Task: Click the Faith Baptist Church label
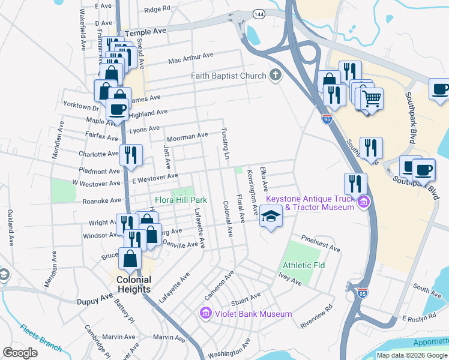pos(229,76)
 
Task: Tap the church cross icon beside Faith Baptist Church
pos(276,75)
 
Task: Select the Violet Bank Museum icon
pos(205,313)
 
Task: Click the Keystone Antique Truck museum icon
pos(363,203)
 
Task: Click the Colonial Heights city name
pos(134,284)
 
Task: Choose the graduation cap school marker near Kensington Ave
pos(271,217)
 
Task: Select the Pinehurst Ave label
pos(321,243)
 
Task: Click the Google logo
pos(20,352)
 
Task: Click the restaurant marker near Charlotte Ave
pos(130,155)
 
